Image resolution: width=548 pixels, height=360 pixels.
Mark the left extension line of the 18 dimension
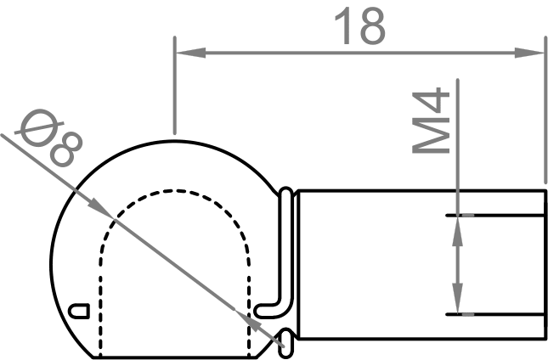pyautogui.click(x=173, y=85)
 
